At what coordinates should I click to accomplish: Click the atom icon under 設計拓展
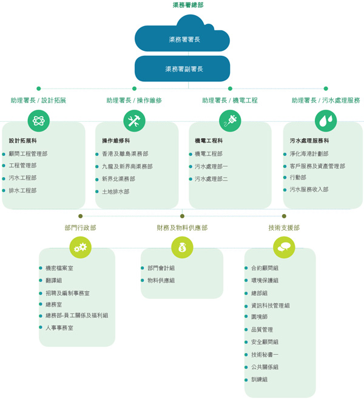click(39, 121)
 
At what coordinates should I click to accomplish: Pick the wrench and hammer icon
click(134, 121)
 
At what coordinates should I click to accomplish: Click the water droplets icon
click(325, 121)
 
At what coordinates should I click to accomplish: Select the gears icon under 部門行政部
click(80, 246)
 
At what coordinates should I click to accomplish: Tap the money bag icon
click(182, 246)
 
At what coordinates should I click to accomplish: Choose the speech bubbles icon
click(284, 246)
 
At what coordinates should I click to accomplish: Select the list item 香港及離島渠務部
click(125, 154)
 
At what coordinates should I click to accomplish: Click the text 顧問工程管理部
click(28, 154)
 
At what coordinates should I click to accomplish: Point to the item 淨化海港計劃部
click(309, 154)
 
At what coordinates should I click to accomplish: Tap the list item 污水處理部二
click(211, 179)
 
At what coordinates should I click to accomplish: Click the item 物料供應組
click(161, 280)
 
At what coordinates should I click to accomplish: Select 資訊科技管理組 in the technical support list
click(270, 306)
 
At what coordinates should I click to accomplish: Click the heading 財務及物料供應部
click(182, 228)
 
